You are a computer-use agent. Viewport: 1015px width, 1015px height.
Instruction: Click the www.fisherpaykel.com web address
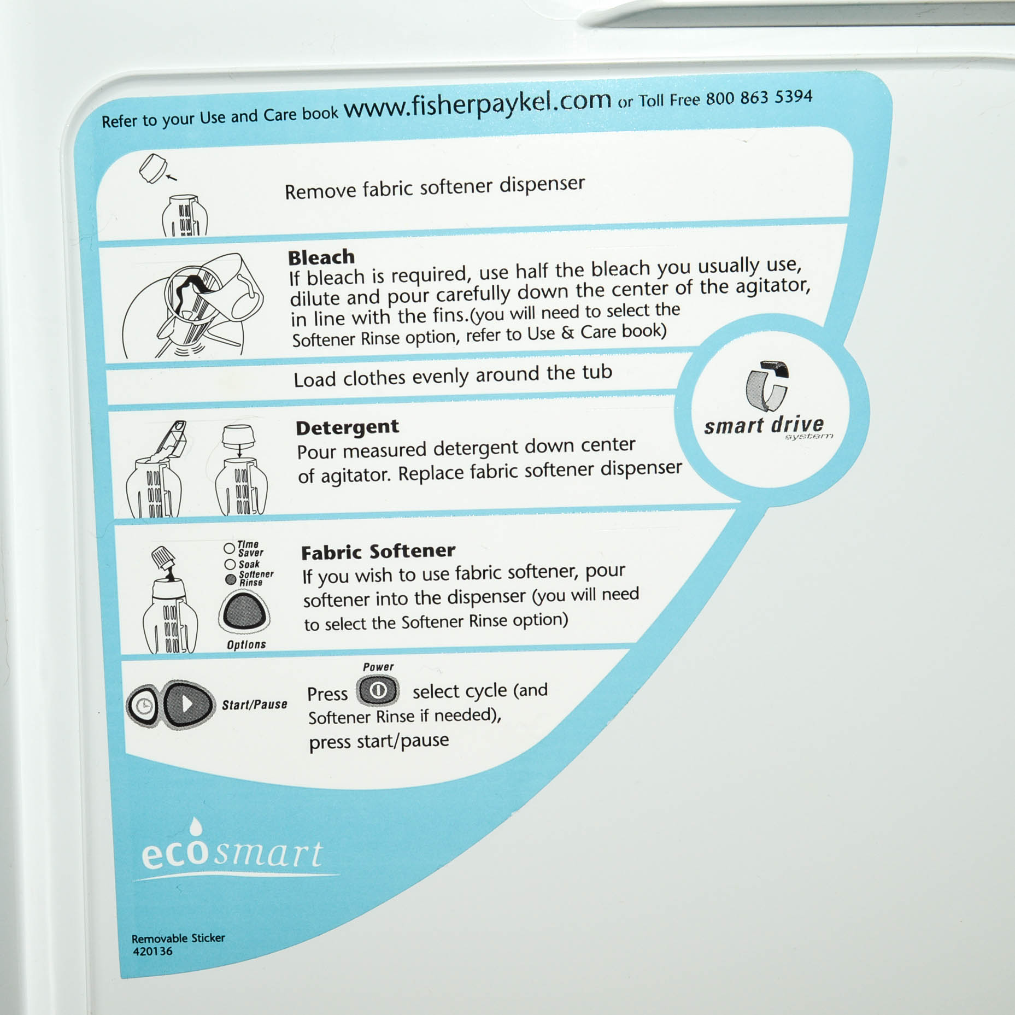(477, 103)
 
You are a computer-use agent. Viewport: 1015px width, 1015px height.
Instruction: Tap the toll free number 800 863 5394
(759, 98)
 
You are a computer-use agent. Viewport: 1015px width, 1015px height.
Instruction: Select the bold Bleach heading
(321, 257)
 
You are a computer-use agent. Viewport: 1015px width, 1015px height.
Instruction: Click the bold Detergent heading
(347, 427)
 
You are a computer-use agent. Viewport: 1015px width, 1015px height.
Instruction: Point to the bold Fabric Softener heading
(378, 551)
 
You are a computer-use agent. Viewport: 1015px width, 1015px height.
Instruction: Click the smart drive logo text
(764, 425)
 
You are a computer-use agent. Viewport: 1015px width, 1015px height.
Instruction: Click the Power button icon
(378, 691)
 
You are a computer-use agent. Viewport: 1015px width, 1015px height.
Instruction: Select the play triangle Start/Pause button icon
(187, 705)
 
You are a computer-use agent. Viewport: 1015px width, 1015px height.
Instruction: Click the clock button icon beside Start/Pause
(143, 706)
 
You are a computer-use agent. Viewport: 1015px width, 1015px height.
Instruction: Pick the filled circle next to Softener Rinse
(231, 579)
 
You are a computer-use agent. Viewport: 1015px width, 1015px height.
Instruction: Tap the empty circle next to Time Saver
(229, 548)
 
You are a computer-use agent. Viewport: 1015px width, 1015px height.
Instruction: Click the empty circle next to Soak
(230, 564)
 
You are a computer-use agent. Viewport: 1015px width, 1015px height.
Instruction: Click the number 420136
(152, 951)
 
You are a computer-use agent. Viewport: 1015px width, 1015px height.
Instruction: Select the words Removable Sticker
(178, 938)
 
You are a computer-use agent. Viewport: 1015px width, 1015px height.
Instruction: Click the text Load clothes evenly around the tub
(453, 376)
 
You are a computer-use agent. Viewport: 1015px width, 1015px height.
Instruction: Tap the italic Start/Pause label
(254, 705)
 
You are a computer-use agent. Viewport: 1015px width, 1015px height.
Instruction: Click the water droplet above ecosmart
(195, 826)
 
